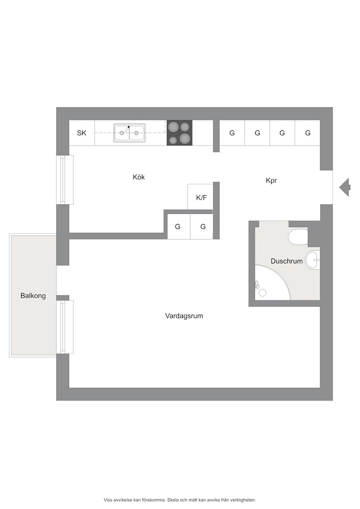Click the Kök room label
point(139,177)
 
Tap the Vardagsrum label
point(184,316)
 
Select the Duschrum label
point(287,261)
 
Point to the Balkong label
point(33,296)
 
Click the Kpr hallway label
point(271,180)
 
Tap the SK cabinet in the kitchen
point(81,133)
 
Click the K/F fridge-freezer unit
point(200,197)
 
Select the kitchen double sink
point(130,133)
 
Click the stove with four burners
point(180,133)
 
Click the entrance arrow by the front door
point(345,187)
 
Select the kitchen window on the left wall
point(65,179)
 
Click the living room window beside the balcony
point(65,327)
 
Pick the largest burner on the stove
point(184,139)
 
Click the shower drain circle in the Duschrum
point(262,292)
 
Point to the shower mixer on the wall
point(257,285)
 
